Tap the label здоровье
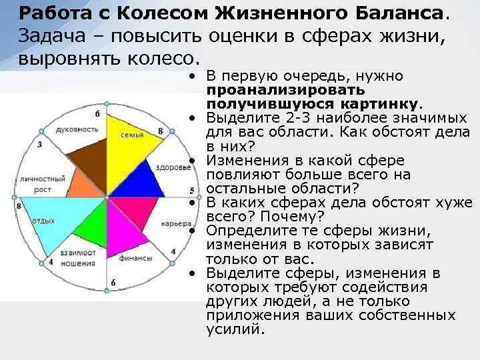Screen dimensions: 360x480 coord(172,167)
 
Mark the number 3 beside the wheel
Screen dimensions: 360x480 coord(40,144)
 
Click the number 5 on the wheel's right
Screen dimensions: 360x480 coord(192,191)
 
